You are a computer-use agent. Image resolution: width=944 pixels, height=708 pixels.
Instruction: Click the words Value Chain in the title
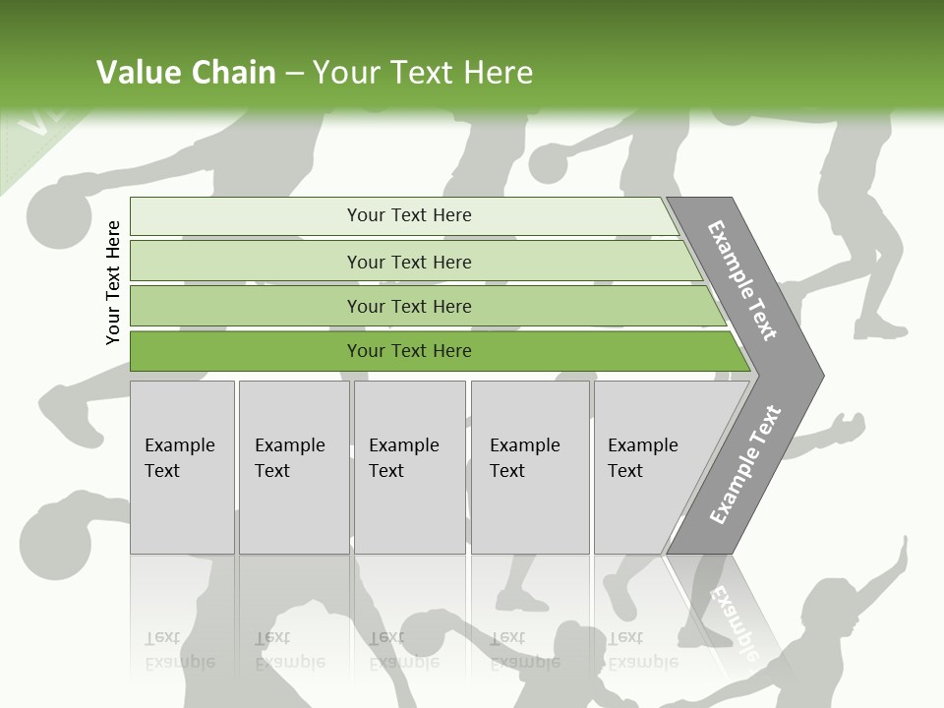click(186, 73)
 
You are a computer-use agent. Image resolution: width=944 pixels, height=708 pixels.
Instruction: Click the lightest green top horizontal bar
click(409, 215)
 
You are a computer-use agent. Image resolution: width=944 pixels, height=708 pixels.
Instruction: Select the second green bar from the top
click(409, 262)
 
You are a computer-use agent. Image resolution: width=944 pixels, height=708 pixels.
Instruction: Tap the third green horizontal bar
click(409, 306)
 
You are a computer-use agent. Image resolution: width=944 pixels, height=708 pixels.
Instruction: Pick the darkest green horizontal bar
click(409, 351)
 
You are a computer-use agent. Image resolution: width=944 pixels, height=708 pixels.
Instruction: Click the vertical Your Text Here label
click(113, 282)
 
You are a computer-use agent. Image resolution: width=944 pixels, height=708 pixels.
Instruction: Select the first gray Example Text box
click(182, 466)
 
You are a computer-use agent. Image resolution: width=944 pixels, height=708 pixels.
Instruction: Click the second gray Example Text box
click(293, 466)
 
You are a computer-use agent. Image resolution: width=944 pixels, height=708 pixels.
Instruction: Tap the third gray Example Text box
click(408, 466)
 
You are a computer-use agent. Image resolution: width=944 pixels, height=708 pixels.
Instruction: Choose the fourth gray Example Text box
click(529, 466)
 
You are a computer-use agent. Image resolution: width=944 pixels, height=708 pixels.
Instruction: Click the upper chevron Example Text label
click(741, 280)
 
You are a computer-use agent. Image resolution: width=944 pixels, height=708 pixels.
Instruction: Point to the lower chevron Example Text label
click(744, 464)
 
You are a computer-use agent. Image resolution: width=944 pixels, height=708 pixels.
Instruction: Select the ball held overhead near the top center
click(549, 163)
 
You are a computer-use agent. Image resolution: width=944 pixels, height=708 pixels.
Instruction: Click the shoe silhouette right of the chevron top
click(880, 327)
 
